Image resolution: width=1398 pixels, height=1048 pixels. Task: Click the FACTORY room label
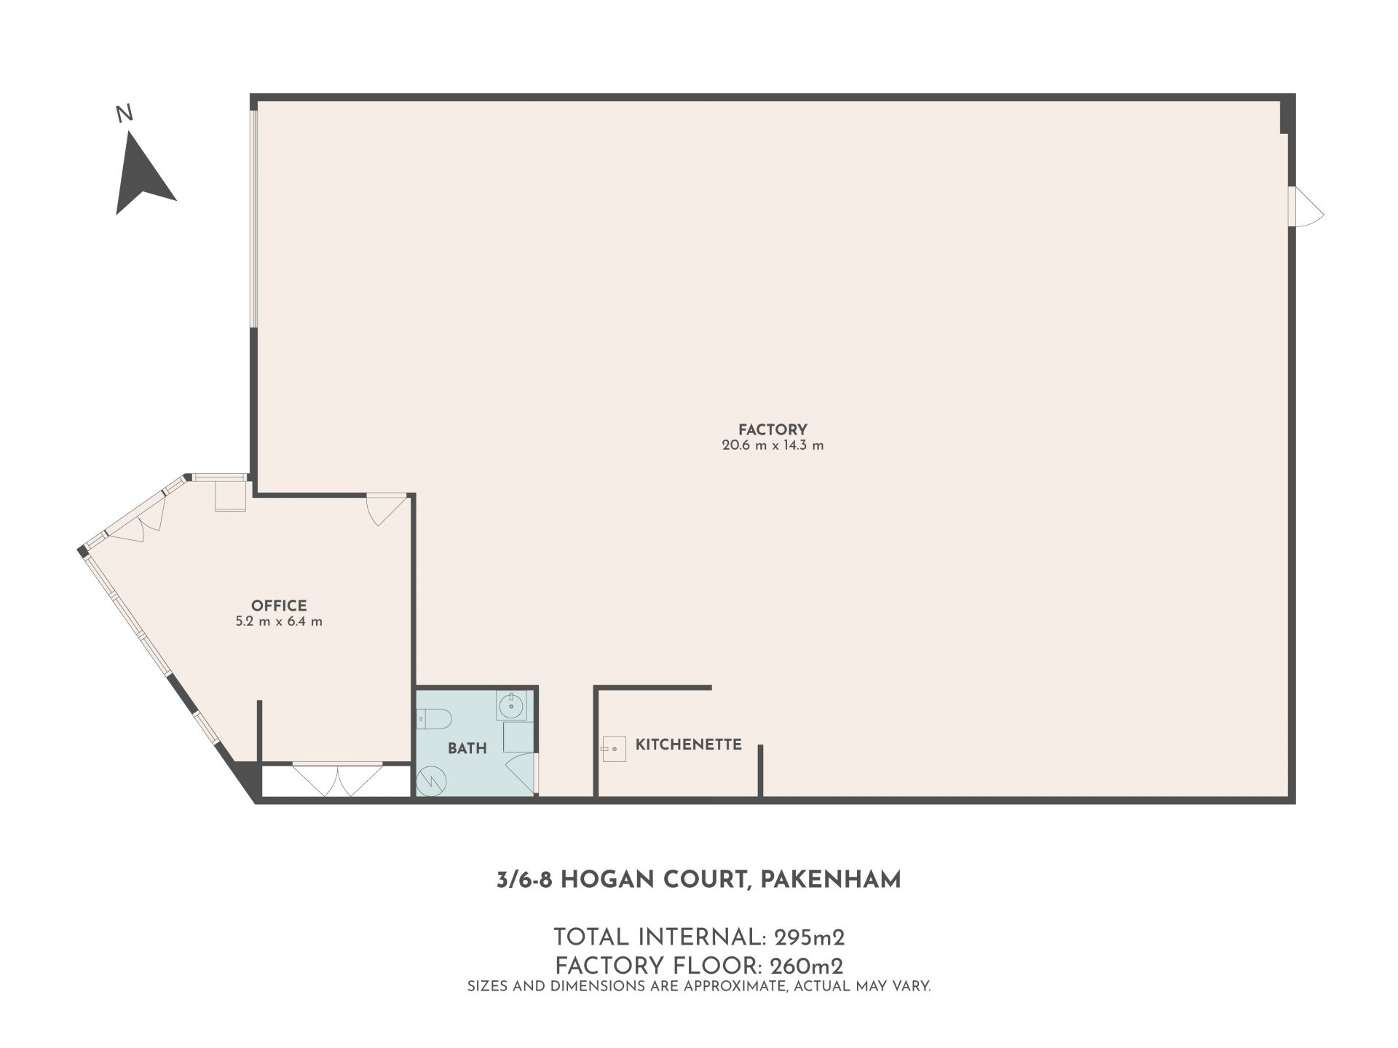(x=773, y=429)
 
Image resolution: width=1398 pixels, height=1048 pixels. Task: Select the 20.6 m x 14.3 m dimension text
(x=773, y=445)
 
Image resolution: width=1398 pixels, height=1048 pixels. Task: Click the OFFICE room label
(x=279, y=606)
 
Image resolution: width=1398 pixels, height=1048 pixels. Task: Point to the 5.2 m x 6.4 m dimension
(x=279, y=622)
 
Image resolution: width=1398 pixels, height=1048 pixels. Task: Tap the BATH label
(x=467, y=748)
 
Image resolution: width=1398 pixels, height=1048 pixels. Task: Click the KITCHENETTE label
(x=689, y=745)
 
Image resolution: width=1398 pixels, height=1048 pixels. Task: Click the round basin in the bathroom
(x=512, y=705)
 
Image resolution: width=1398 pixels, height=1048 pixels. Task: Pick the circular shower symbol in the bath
(x=432, y=781)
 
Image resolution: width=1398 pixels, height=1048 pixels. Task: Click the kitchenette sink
(x=614, y=748)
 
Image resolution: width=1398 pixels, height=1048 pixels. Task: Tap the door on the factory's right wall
(x=1305, y=207)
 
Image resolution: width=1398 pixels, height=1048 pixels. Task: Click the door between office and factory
(x=386, y=509)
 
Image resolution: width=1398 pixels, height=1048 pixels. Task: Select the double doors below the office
(x=338, y=779)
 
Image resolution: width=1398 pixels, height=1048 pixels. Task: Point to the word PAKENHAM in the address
(x=831, y=880)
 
